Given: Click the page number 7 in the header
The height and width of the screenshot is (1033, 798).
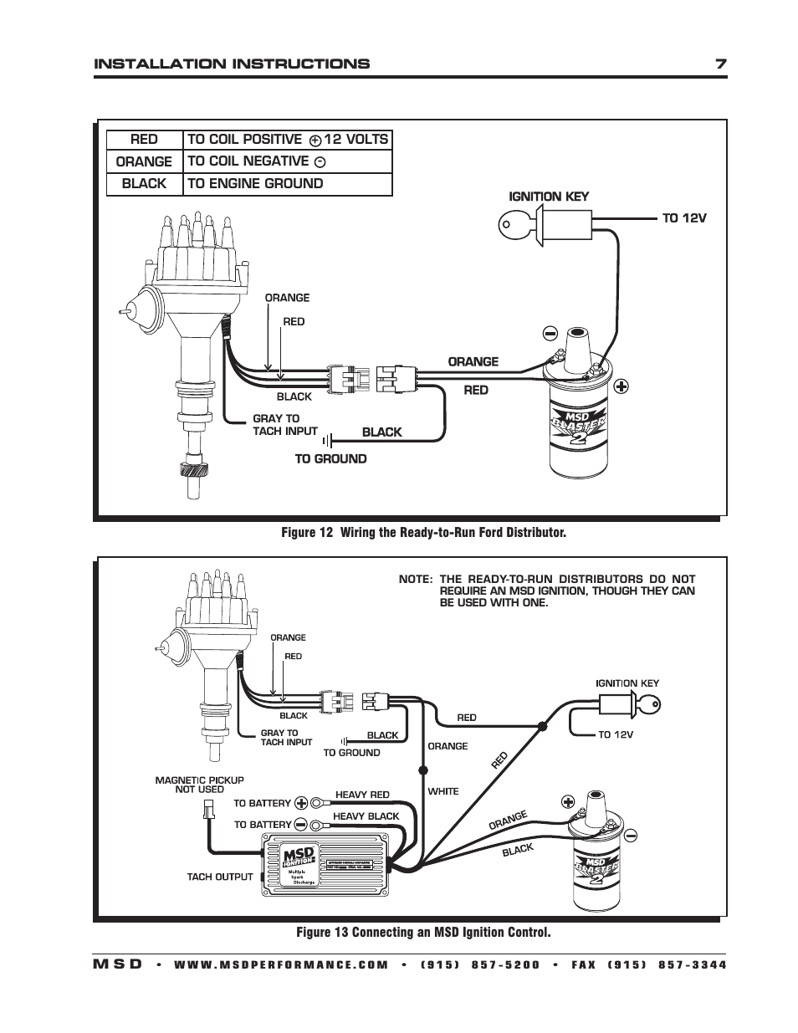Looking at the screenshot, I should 719,64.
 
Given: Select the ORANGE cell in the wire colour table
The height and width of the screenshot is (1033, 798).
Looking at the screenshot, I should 144,161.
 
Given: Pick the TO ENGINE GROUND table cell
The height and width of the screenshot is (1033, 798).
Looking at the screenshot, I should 287,184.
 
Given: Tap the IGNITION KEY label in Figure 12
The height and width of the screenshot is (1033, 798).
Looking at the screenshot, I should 549,197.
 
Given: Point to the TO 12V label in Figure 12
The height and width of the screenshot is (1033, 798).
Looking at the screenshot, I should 684,217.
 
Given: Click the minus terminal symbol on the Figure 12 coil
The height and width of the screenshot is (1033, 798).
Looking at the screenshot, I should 550,334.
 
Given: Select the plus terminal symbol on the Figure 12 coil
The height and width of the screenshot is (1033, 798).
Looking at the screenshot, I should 621,386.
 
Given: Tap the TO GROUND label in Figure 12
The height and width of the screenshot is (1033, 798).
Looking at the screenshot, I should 330,458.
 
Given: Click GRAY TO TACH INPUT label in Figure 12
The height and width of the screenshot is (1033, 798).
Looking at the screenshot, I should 284,425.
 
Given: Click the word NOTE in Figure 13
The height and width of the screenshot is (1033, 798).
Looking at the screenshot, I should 415,579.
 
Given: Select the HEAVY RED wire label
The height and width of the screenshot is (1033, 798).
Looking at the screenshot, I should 362,795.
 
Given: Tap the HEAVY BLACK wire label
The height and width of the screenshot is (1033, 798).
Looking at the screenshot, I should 366,816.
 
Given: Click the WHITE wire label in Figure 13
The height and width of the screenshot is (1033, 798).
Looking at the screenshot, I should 442,790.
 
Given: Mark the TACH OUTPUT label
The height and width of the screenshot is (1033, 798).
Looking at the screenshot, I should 219,877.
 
